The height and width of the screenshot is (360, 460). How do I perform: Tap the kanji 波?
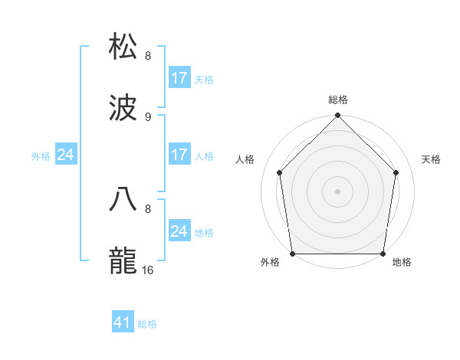point(123,109)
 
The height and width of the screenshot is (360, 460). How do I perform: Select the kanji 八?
point(123,198)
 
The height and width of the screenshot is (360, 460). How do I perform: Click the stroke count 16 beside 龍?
point(149,270)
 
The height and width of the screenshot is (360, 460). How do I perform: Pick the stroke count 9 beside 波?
point(148,117)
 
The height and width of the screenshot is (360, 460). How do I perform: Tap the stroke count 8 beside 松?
point(148,55)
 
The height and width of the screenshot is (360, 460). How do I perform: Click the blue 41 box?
point(123,322)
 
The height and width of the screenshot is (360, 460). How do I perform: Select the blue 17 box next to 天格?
point(179,78)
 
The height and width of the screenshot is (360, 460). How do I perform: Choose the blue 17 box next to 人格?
point(179,155)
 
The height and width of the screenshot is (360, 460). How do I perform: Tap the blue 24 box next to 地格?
point(179,231)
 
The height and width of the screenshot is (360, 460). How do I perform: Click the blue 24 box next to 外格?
point(66,155)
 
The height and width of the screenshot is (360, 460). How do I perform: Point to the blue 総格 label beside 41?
point(147,324)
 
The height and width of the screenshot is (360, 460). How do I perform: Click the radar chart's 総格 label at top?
point(338,100)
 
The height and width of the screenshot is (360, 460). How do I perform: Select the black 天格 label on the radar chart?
point(432,159)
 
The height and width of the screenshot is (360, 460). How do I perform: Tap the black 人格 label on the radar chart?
point(245,159)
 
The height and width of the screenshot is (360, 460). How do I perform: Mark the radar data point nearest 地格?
point(383,254)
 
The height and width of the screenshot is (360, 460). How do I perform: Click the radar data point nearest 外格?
point(293,254)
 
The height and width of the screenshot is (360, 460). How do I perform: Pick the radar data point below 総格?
point(338,116)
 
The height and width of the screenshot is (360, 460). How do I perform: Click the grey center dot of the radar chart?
point(338,191)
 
